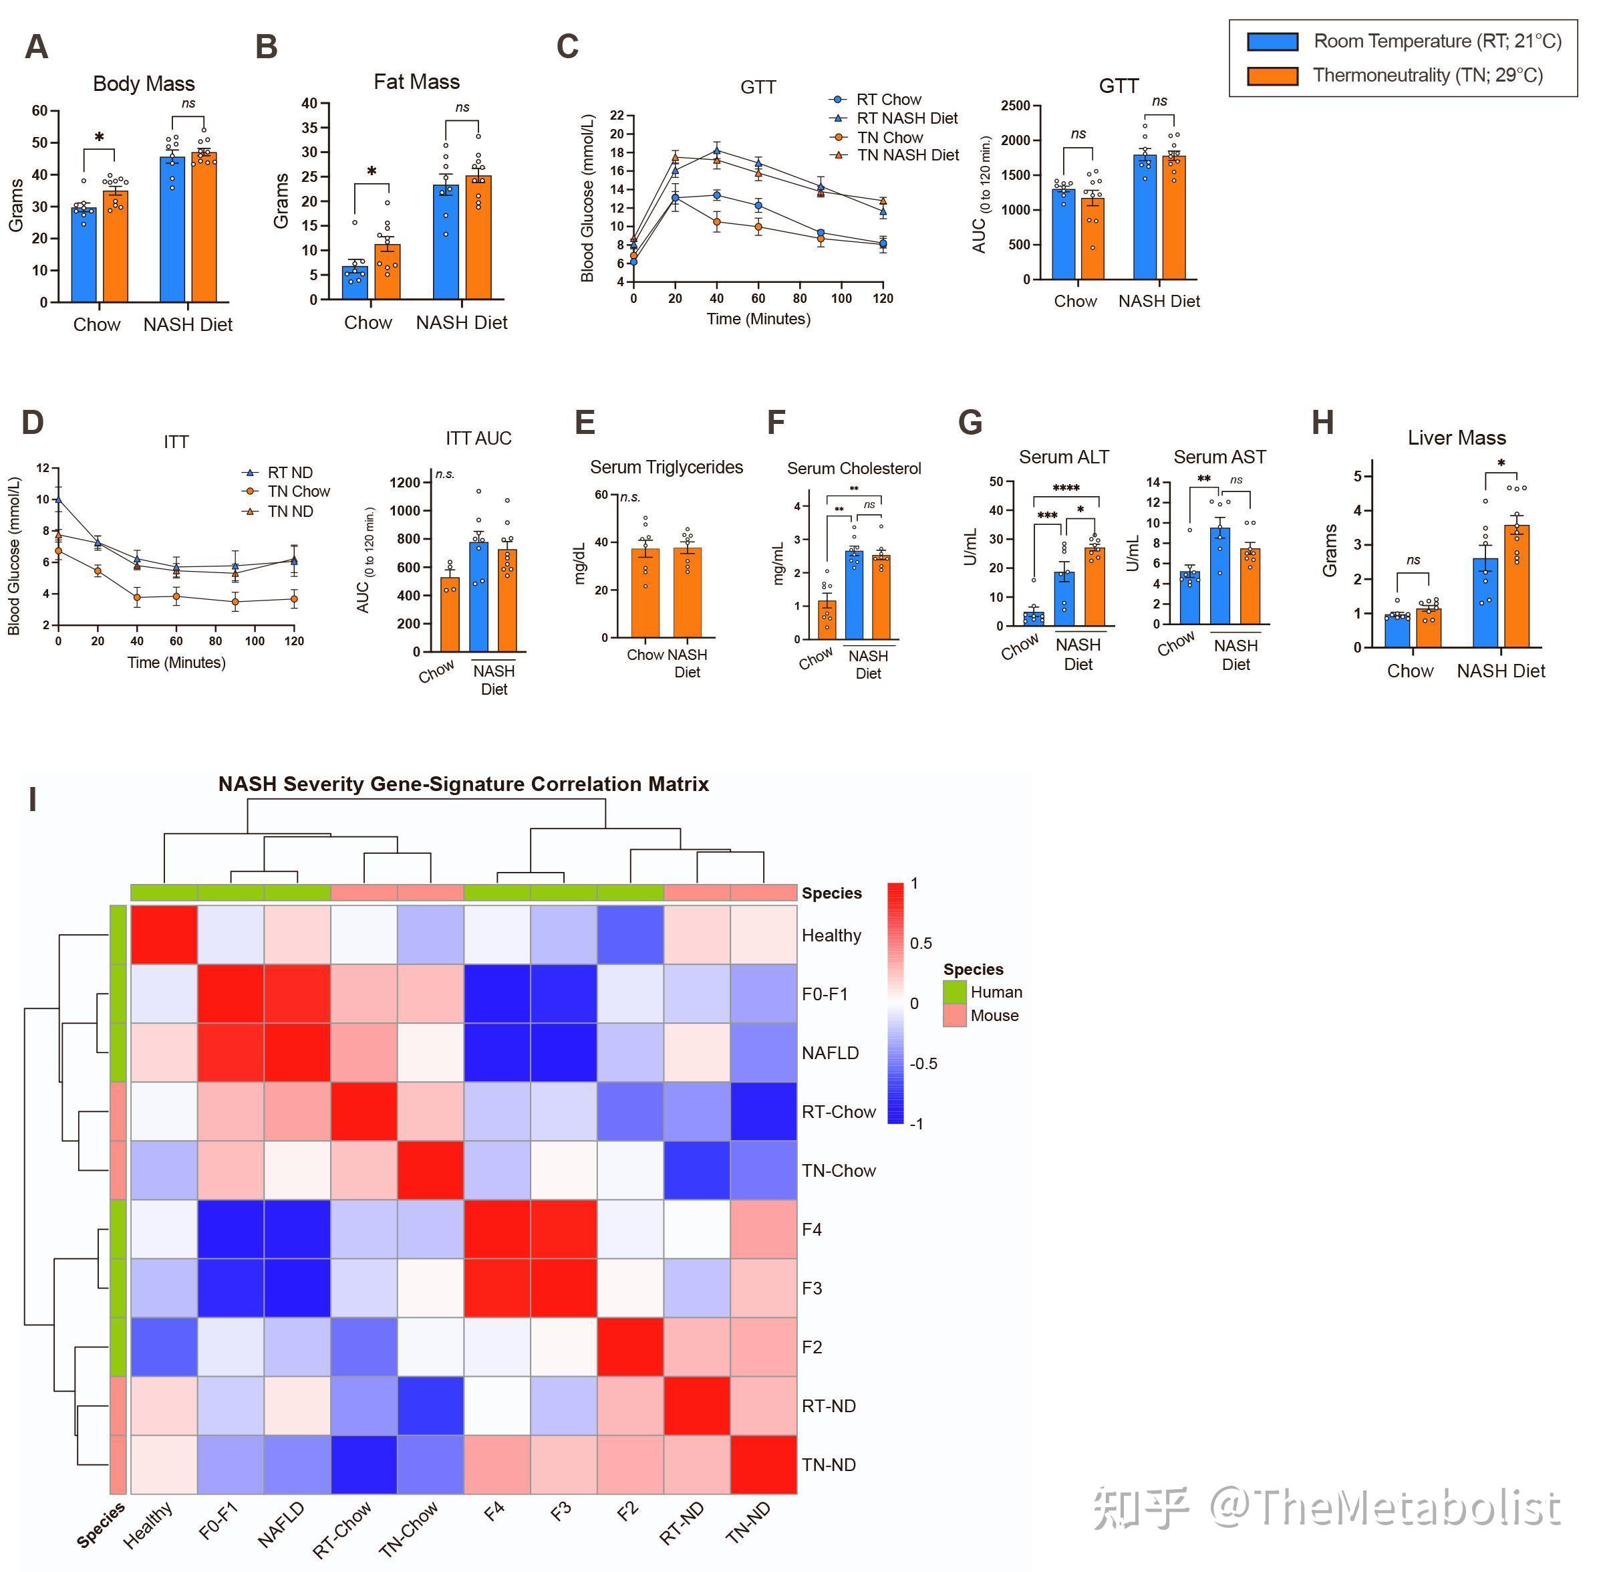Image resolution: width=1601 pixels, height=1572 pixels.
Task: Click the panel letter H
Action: coord(1322,423)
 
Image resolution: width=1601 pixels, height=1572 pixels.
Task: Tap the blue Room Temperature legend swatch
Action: coord(1272,41)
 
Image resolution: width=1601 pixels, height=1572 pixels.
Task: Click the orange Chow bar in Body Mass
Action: coord(116,247)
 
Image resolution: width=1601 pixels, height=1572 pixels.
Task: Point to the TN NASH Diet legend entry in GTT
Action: coord(908,155)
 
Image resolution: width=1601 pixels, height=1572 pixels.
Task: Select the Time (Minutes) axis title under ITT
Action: coord(176,662)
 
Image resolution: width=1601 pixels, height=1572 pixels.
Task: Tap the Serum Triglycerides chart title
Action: coord(666,467)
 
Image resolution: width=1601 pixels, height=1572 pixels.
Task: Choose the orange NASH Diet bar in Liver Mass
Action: coord(1517,586)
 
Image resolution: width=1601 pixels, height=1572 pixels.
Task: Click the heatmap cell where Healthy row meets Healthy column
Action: coord(164,935)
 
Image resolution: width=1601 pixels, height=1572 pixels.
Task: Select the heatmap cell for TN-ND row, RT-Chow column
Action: coord(364,1464)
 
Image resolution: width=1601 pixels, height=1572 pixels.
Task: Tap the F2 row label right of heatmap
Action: coord(812,1347)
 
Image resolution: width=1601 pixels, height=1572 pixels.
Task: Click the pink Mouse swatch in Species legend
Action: coord(955,1016)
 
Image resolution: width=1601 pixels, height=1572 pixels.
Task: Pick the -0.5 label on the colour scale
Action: coord(923,1063)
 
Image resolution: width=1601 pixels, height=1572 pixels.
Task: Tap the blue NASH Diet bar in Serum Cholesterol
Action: coord(854,594)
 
